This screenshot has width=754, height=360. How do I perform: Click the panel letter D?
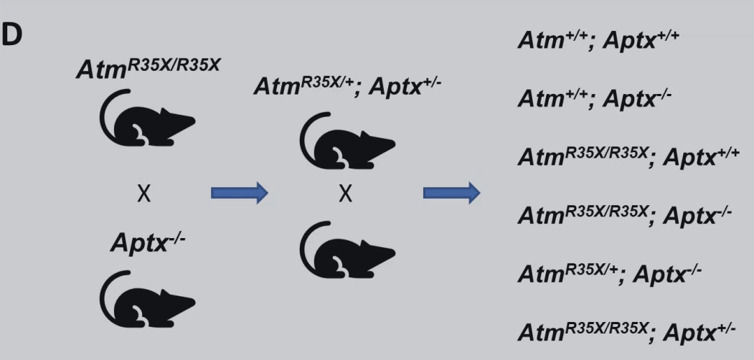(12, 36)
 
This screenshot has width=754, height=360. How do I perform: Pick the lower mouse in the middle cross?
(347, 250)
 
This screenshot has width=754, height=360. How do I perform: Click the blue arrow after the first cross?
(239, 193)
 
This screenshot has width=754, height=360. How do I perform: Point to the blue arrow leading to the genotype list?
(451, 193)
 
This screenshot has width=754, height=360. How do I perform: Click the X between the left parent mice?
(144, 194)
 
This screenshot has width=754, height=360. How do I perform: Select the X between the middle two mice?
(345, 194)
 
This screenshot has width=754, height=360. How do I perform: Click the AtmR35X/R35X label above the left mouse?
(149, 70)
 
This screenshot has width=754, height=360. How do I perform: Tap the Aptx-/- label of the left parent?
(148, 242)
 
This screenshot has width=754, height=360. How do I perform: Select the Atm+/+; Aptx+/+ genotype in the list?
(597, 40)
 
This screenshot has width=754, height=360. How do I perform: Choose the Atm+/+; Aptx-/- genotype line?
(594, 98)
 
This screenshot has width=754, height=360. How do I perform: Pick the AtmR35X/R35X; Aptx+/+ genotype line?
(628, 156)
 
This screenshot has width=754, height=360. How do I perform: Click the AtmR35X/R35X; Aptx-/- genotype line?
(624, 214)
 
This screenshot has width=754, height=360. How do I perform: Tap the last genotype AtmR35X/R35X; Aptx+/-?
(626, 331)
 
